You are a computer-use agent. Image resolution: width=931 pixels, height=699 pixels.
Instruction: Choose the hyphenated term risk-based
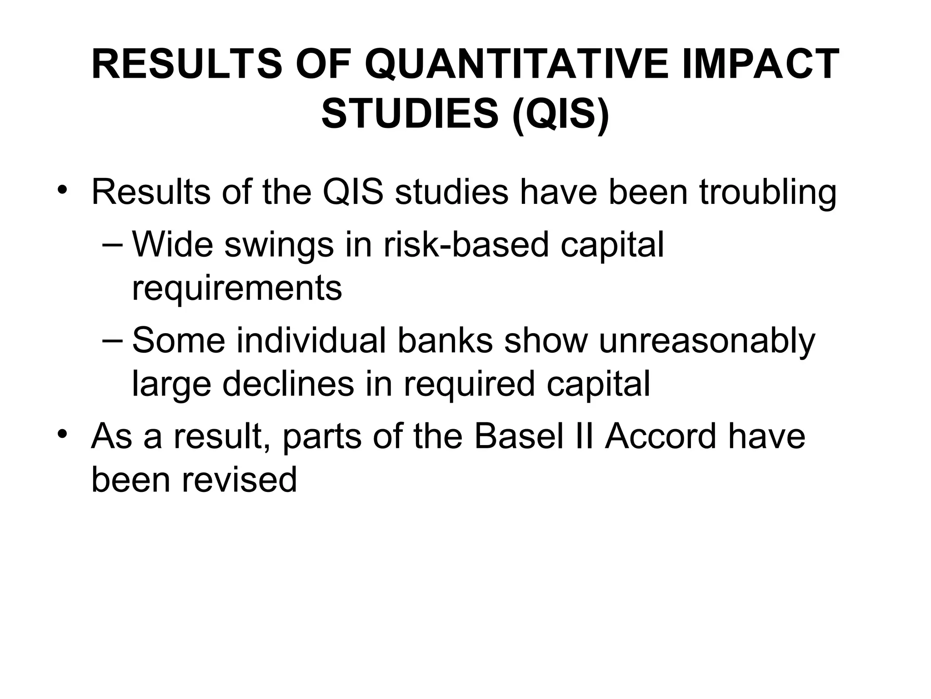coord(466,244)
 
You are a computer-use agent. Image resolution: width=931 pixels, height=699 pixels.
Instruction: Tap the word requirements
coord(236,289)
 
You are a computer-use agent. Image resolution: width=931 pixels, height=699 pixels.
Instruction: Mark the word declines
coord(288,384)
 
